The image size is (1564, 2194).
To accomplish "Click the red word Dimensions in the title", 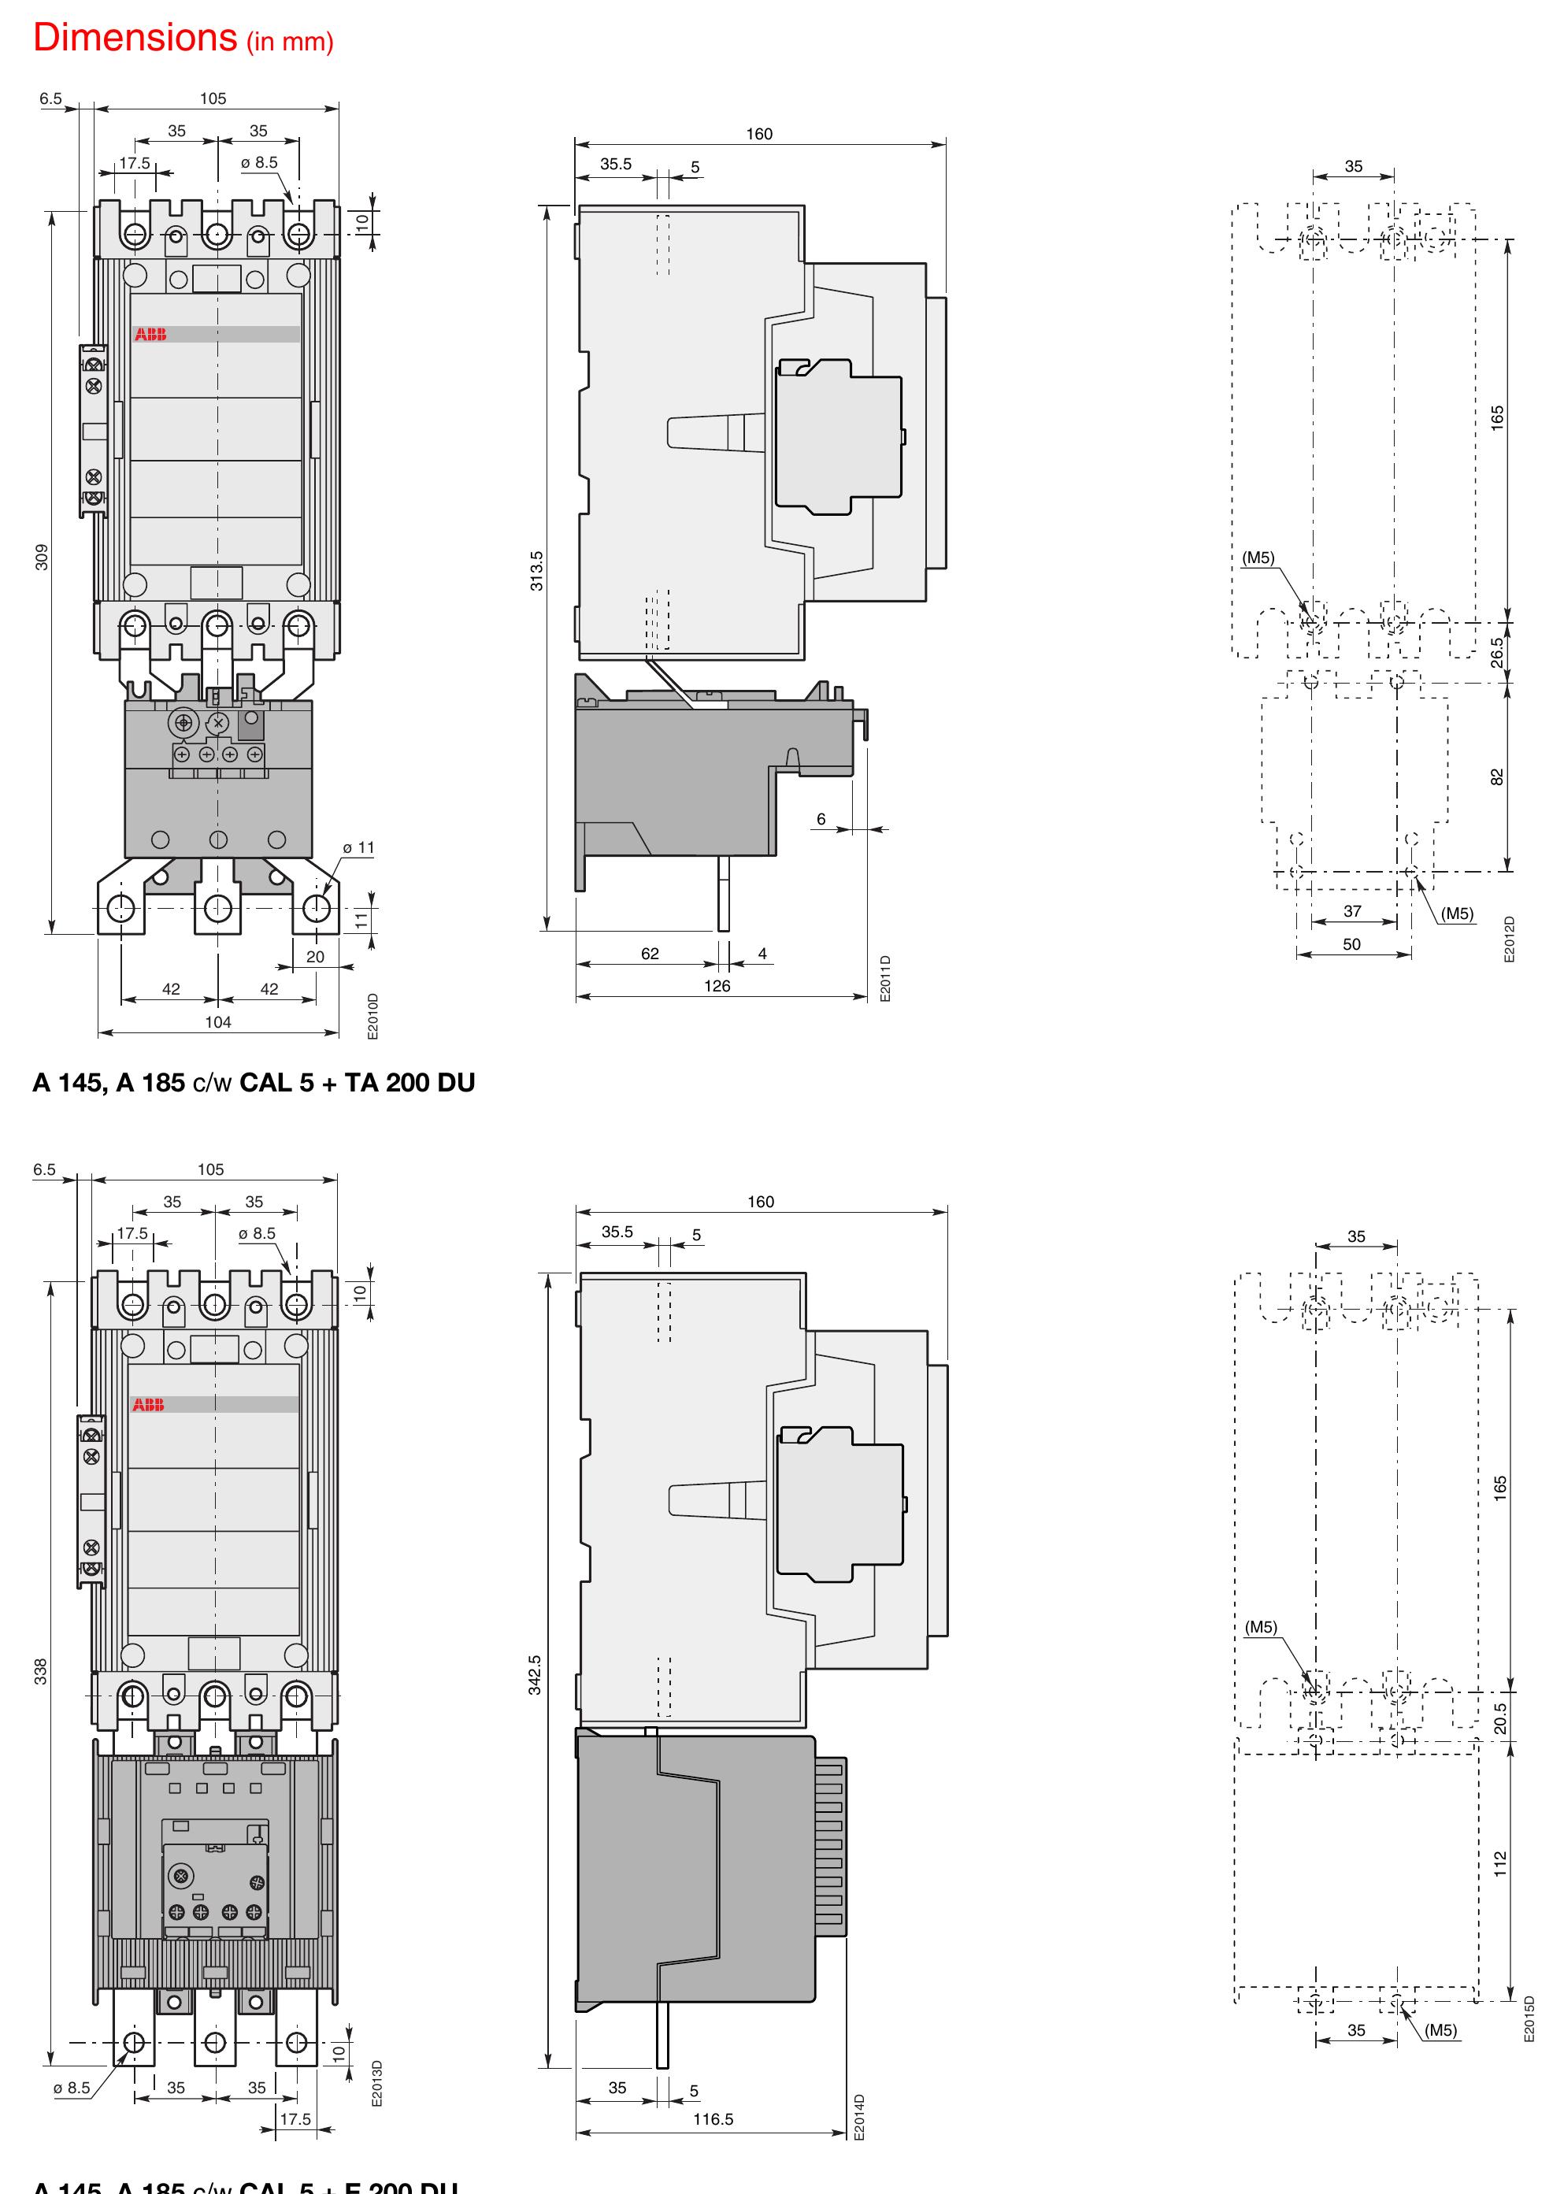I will (x=135, y=38).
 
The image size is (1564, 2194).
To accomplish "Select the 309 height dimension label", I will (x=42, y=557).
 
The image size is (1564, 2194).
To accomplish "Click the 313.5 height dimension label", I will (x=536, y=570).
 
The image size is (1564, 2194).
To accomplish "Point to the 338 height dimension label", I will (x=40, y=1671).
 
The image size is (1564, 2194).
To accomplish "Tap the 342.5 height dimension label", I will (x=535, y=1675).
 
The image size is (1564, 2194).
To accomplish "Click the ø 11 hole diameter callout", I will (x=358, y=847).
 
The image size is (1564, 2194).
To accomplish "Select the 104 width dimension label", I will (x=217, y=1022).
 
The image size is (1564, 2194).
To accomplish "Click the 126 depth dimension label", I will (x=717, y=986).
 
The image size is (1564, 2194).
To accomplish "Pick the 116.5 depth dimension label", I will (x=713, y=2119).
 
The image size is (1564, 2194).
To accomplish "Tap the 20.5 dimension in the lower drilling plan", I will (x=1500, y=1718).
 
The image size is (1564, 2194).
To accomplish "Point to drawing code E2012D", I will (x=1509, y=939).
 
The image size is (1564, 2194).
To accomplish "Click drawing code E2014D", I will (x=860, y=2117).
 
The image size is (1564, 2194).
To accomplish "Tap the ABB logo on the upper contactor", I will (x=150, y=334).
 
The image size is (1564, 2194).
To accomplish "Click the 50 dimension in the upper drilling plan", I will (x=1352, y=944).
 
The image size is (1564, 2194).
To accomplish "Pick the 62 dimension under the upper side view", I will (x=650, y=954).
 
